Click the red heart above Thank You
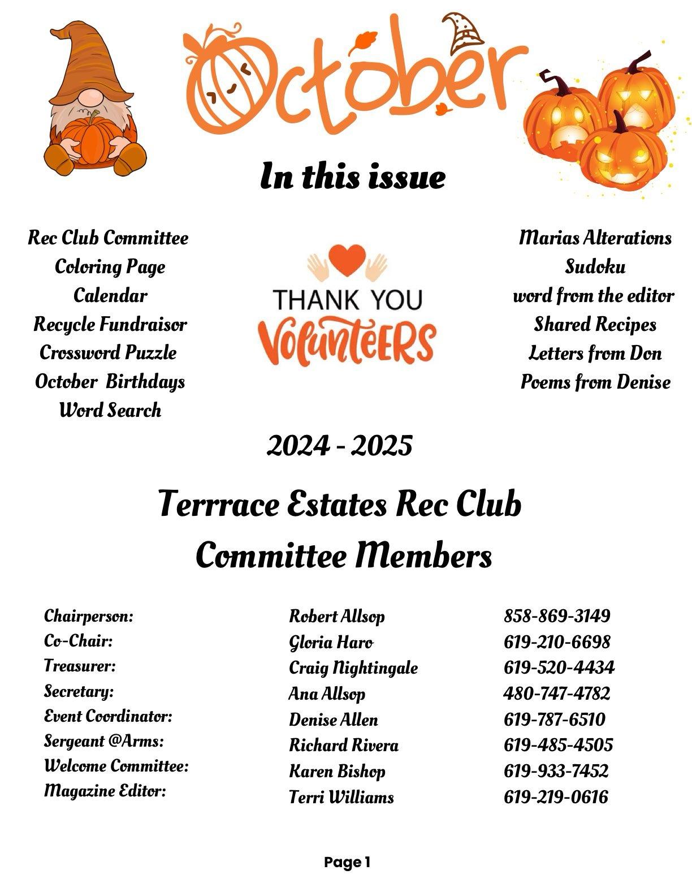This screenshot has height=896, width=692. (x=347, y=259)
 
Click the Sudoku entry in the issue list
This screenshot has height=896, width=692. (x=595, y=266)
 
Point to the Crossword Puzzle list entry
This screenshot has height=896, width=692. (x=108, y=353)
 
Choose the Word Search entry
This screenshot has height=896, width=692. (x=110, y=410)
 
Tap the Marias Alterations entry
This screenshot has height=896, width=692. (x=595, y=238)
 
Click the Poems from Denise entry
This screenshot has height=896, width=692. (x=595, y=382)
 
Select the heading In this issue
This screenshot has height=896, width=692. (x=353, y=176)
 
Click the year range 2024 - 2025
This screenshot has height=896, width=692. (x=339, y=446)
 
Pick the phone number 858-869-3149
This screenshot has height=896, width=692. (x=557, y=615)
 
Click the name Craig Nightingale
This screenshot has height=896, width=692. (x=353, y=667)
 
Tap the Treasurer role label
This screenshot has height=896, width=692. (x=80, y=666)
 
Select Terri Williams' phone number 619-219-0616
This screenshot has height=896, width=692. (x=556, y=797)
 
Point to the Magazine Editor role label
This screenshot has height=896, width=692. (x=105, y=790)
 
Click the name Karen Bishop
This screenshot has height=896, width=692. (x=337, y=771)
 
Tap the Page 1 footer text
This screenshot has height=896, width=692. (x=347, y=863)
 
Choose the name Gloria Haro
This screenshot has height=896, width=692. (x=331, y=642)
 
